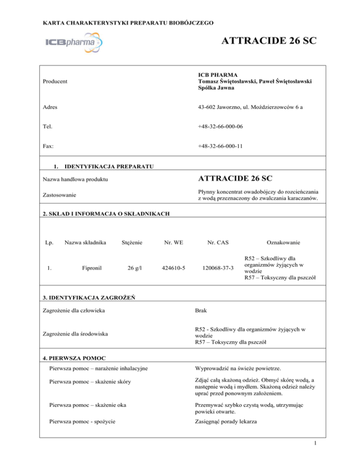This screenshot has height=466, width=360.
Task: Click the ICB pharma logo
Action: [x=76, y=43]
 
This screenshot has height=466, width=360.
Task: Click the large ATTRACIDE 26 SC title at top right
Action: [x=268, y=42]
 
